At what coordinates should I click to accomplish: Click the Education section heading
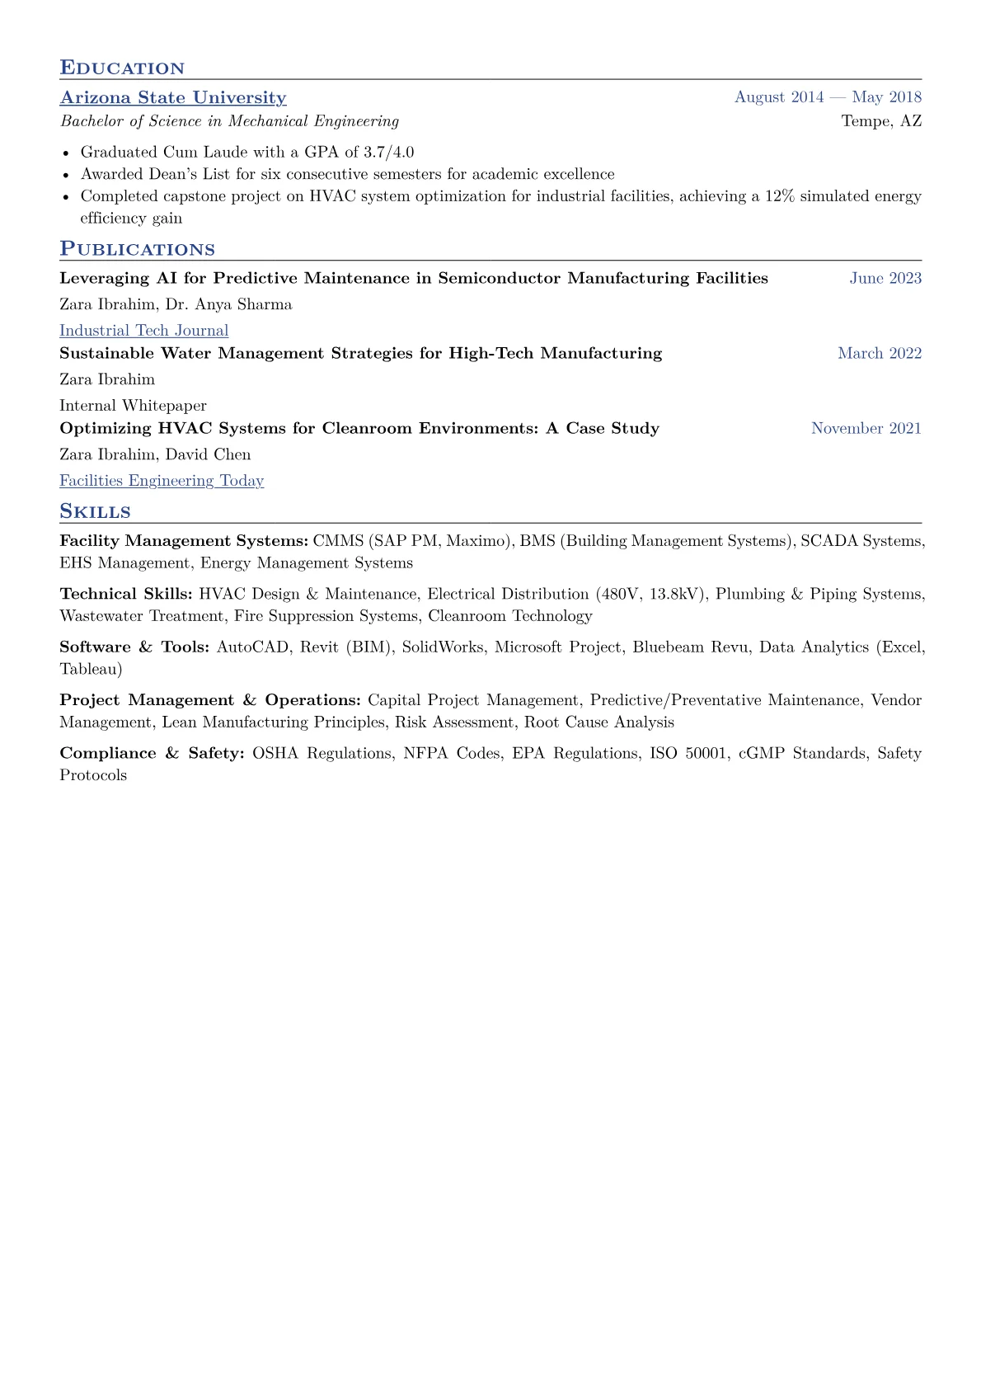pos(122,68)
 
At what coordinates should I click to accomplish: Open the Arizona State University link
pos(173,97)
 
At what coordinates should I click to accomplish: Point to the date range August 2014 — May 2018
pos(828,97)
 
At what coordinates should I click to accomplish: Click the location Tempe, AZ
pos(881,121)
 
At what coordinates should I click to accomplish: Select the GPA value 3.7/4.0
pos(388,152)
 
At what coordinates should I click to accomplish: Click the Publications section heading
pos(137,250)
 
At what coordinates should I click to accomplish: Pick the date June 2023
pos(885,278)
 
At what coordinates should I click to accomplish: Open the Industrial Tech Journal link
pos(143,331)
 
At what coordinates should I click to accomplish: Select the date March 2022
pos(880,353)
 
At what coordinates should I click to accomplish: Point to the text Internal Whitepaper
pos(133,406)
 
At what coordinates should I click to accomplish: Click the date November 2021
pos(866,428)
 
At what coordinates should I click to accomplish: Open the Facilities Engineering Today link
pos(162,481)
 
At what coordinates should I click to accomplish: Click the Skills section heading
pos(95,512)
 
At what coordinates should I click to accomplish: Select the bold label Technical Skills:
pos(125,594)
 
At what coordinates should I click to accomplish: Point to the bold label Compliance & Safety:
pos(152,753)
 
